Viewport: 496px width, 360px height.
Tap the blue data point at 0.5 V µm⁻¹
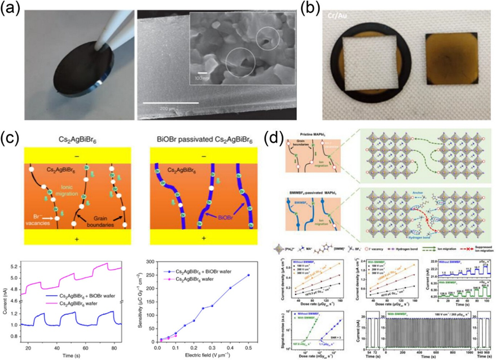(x=248, y=275)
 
